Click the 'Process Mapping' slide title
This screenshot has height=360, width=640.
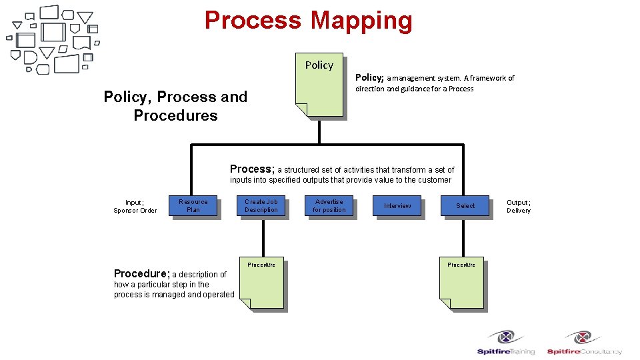[308, 21]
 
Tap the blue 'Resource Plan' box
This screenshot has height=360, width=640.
[193, 206]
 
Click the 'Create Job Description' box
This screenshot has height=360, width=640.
[261, 206]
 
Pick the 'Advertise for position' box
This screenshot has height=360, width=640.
[329, 206]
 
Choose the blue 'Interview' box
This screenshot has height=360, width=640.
[397, 206]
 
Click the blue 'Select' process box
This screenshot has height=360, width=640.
[465, 206]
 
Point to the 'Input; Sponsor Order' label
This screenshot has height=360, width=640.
[135, 206]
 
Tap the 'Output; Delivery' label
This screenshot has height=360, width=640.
[519, 206]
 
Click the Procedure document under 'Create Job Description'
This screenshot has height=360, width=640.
[261, 283]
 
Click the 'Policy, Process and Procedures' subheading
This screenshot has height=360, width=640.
[175, 106]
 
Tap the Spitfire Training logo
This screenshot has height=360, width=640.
[506, 343]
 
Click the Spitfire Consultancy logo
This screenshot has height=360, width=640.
[584, 343]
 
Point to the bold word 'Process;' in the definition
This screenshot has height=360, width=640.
[252, 169]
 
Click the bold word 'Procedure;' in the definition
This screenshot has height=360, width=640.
[141, 273]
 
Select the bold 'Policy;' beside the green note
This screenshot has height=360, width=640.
[369, 78]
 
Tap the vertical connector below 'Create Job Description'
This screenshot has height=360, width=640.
[263, 237]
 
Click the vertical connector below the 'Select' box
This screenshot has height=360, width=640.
[461, 237]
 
